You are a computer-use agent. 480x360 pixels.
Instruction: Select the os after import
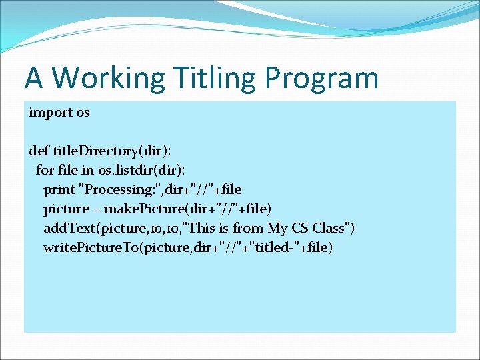83,113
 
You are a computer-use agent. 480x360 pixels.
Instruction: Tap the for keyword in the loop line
44,171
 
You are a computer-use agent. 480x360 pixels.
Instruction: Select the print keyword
59,190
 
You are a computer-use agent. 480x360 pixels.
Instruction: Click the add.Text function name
69,229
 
